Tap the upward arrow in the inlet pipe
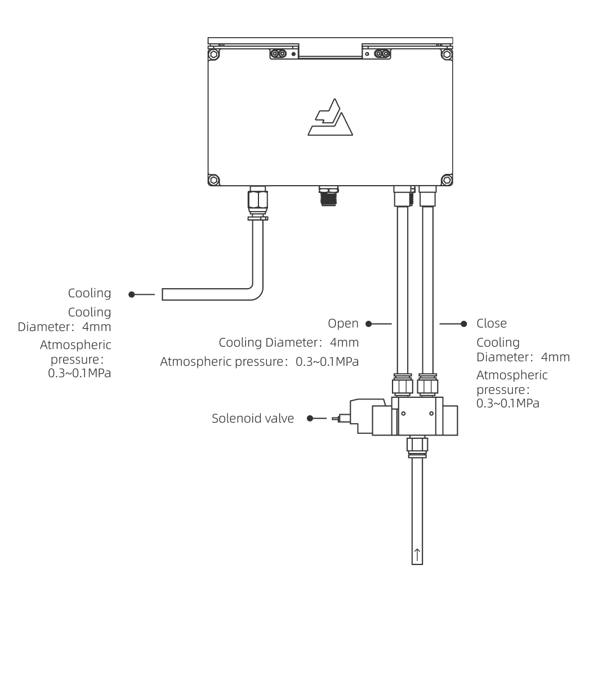coord(417,554)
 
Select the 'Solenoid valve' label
coord(253,419)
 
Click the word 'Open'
coord(343,324)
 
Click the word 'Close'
coord(492,324)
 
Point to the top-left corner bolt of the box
coord(213,55)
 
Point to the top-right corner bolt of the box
coord(447,55)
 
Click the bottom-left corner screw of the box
coord(213,180)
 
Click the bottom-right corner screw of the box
coord(447,180)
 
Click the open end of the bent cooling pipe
coord(164,294)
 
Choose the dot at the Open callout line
coord(368,324)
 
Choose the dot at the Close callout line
coord(464,324)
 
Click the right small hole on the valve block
coord(431,414)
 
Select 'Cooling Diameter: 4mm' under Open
coord(289,342)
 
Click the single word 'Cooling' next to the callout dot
coord(90,294)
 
